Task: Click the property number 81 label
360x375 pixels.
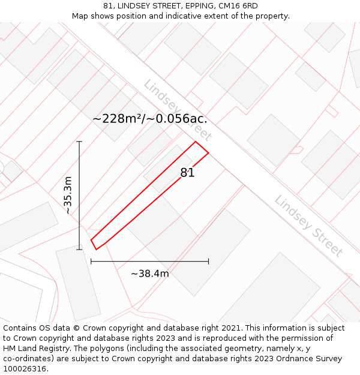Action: click(188, 173)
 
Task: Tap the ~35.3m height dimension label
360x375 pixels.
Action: click(68, 195)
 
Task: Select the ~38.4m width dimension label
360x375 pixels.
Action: click(149, 274)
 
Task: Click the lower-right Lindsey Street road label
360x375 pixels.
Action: click(308, 226)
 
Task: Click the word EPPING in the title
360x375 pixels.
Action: click(199, 6)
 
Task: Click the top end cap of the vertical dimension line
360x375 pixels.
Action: click(79, 142)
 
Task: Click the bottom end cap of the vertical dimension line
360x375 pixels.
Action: click(79, 249)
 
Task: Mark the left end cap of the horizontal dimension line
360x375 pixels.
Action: click(91, 262)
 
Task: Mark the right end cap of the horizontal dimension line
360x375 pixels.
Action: click(208, 262)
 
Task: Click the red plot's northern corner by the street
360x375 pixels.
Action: click(196, 142)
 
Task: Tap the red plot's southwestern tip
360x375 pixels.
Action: click(95, 248)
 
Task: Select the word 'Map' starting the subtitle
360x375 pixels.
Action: click(80, 16)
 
